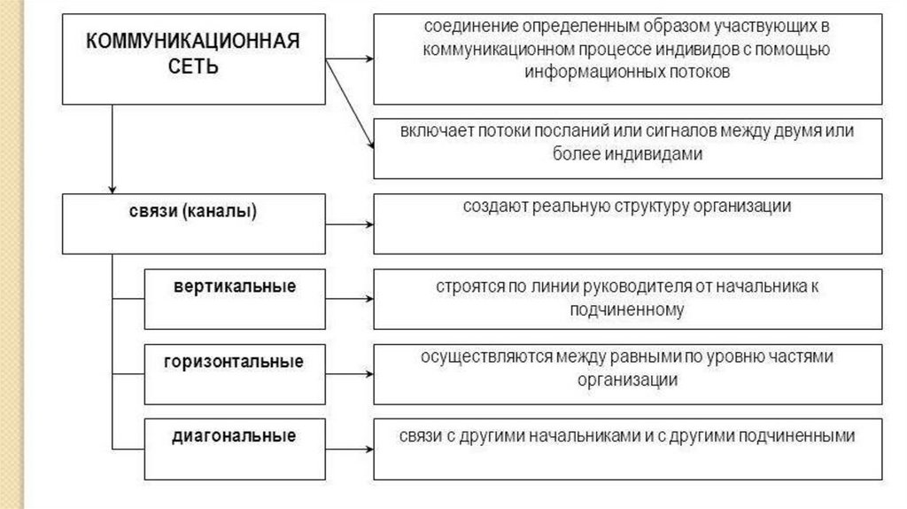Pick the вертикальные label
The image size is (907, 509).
234,286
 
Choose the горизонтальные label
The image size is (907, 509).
234,361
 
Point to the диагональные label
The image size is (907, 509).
234,435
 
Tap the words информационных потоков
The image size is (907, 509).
627,73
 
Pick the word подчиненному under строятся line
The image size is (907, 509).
627,309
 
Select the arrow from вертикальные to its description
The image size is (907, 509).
349,300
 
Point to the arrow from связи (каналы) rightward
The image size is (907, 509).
349,225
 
